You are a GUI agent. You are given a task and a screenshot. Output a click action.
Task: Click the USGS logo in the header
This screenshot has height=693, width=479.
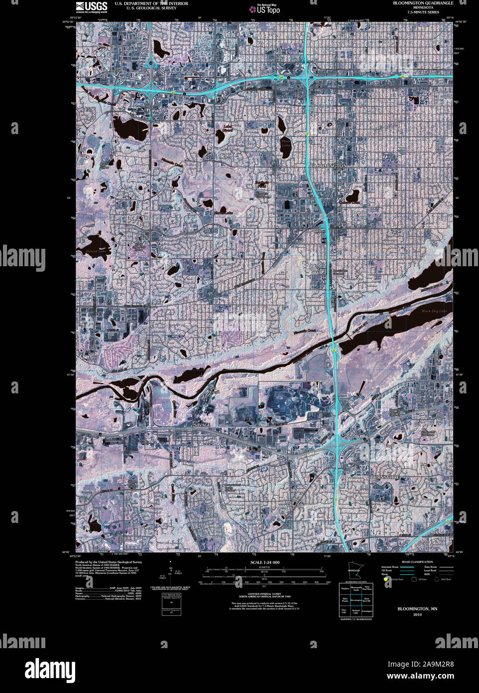pyautogui.click(x=92, y=6)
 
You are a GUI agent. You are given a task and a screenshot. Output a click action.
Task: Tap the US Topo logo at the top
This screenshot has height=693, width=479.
pyautogui.click(x=268, y=8)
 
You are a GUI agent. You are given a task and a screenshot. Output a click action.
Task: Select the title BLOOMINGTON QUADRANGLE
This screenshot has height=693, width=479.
pyautogui.click(x=423, y=3)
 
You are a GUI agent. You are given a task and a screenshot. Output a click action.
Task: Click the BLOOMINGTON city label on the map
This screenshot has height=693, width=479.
pyautogui.click(x=328, y=166)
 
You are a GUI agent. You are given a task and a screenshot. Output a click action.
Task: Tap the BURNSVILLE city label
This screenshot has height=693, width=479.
pyautogui.click(x=384, y=477)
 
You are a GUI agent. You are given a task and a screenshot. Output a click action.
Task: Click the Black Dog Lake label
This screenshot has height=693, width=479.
pyautogui.click(x=434, y=311)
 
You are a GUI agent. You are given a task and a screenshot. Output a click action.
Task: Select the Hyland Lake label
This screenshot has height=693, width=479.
pyautogui.click(x=96, y=252)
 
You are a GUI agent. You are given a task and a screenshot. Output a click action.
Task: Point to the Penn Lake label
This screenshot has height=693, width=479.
pyautogui.click(x=285, y=144)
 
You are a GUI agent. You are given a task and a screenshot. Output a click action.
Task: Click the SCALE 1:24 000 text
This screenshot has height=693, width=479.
pyautogui.click(x=264, y=562)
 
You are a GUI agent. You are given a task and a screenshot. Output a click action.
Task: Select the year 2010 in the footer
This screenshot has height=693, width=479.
pyautogui.click(x=417, y=615)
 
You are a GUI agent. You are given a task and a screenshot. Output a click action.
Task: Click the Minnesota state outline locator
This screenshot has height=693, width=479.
pyautogui.click(x=355, y=571)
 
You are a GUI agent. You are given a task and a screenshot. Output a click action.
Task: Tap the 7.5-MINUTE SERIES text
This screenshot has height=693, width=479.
pyautogui.click(x=423, y=12)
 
